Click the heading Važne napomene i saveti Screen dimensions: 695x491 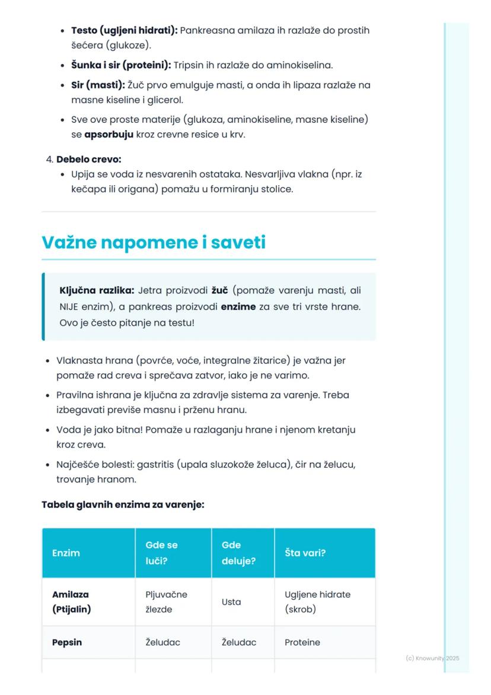(x=154, y=243)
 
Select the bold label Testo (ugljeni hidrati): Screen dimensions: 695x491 (x=124, y=30)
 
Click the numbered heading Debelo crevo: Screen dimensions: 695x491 (x=89, y=160)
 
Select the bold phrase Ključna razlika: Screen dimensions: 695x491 (x=97, y=291)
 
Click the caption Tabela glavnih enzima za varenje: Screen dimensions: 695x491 (x=123, y=506)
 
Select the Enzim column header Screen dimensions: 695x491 (x=66, y=553)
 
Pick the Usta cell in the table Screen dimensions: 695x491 (x=231, y=602)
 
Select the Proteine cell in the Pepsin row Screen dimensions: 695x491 (x=302, y=642)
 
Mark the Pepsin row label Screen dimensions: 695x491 (x=67, y=642)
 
